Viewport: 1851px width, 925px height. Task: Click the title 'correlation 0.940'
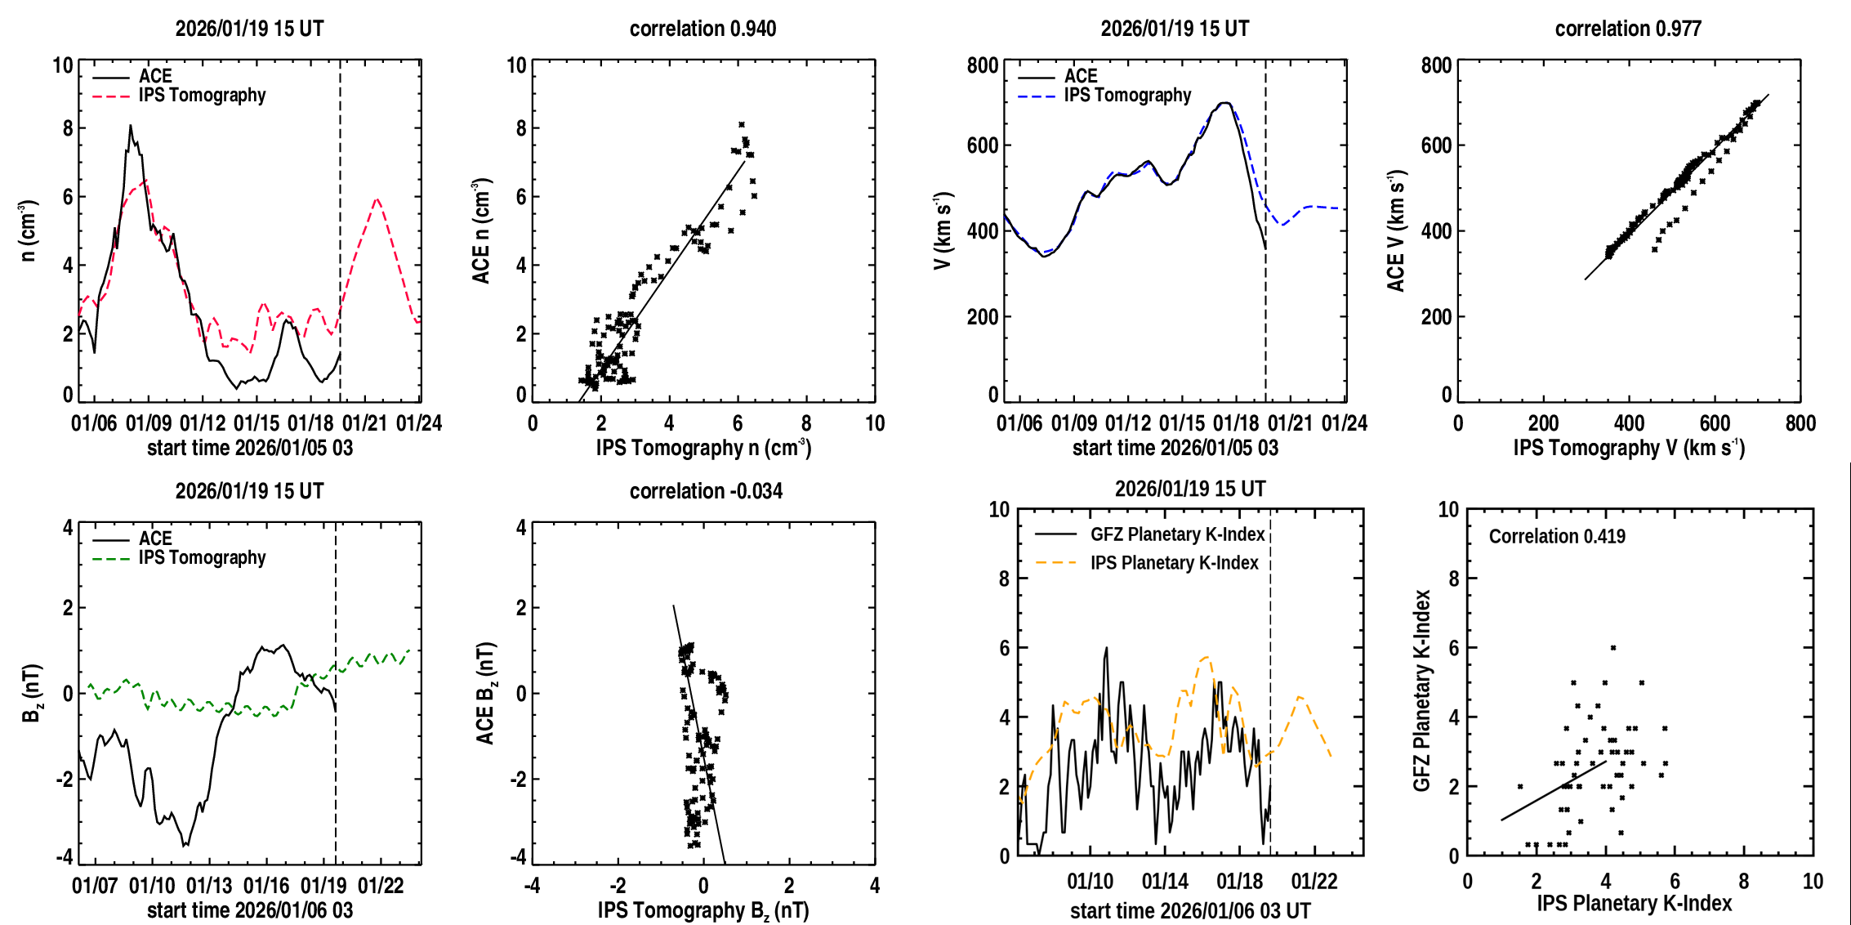(702, 29)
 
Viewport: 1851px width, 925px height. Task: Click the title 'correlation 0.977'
(1628, 29)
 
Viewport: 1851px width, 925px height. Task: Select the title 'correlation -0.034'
(706, 491)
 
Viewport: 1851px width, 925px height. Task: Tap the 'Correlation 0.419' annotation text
(1557, 536)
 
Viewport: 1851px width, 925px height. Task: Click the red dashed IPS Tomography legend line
(111, 96)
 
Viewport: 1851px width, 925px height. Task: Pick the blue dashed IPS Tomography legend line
(1037, 96)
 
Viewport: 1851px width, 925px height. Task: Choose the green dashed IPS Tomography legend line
(111, 558)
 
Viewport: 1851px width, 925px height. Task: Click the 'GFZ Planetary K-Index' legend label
(1177, 534)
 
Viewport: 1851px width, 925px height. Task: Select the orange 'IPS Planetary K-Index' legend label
(1174, 563)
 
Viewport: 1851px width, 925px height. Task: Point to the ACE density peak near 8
(130, 126)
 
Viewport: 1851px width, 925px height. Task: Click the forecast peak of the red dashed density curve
(377, 199)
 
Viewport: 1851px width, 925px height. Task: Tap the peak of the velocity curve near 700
(1224, 103)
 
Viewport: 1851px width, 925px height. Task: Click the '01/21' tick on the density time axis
(364, 423)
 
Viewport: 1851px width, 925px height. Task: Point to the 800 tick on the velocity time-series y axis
(983, 65)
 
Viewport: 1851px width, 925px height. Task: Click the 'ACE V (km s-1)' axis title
(1396, 230)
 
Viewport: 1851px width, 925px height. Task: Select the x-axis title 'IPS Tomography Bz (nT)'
(703, 910)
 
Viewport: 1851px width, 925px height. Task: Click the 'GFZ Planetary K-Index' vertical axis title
(1422, 690)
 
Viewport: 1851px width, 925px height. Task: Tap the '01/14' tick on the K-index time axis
(1165, 881)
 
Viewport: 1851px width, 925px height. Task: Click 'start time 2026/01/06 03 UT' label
(1190, 910)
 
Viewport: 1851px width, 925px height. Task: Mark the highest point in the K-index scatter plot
(1613, 648)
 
